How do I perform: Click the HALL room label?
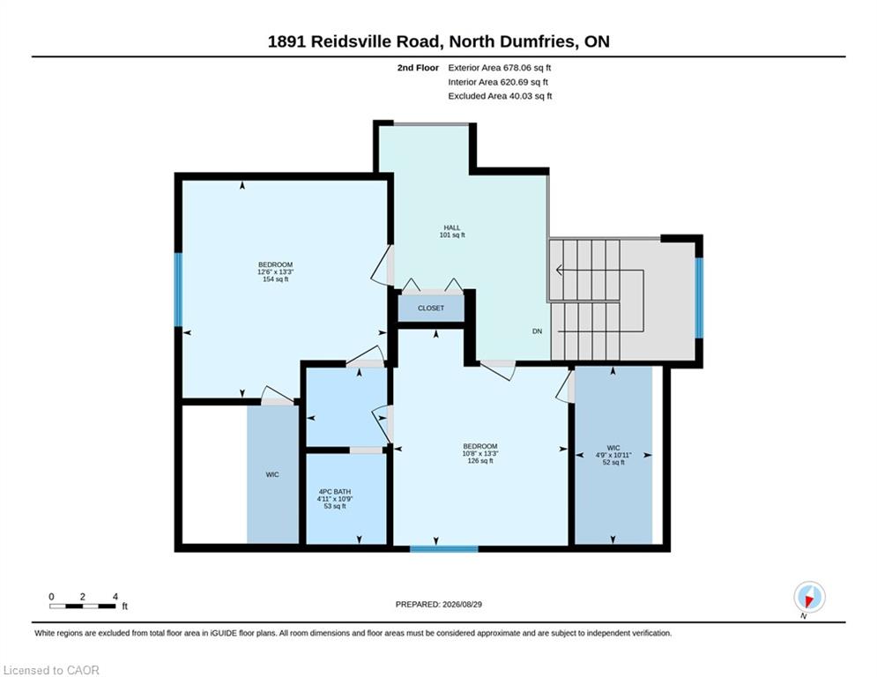pyautogui.click(x=452, y=227)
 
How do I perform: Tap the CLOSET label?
pyautogui.click(x=431, y=309)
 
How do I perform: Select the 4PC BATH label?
pyautogui.click(x=334, y=492)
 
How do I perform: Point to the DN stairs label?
pyautogui.click(x=537, y=331)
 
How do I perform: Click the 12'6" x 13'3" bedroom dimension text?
pyautogui.click(x=275, y=272)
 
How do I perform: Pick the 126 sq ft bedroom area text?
pyautogui.click(x=479, y=461)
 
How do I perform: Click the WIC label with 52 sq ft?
pyautogui.click(x=613, y=448)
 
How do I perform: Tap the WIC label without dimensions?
pyautogui.click(x=272, y=474)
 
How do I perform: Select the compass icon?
pyautogui.click(x=809, y=597)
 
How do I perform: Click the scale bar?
pyautogui.click(x=82, y=606)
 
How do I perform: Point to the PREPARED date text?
pyautogui.click(x=439, y=604)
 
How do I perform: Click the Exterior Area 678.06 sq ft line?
pyautogui.click(x=500, y=68)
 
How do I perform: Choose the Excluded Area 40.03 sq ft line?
pyautogui.click(x=500, y=96)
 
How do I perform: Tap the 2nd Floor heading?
pyautogui.click(x=418, y=68)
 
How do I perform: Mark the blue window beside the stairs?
pyautogui.click(x=699, y=298)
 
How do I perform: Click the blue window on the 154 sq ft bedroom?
pyautogui.click(x=178, y=289)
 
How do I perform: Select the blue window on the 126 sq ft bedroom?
pyautogui.click(x=444, y=549)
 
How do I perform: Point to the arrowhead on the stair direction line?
pyautogui.click(x=559, y=271)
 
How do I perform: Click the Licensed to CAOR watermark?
pyautogui.click(x=51, y=670)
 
